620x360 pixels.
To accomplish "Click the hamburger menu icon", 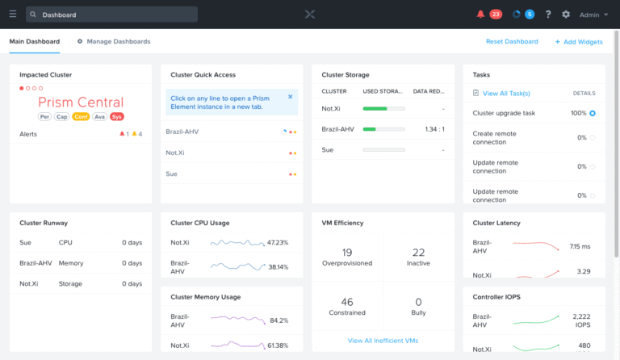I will point(12,14).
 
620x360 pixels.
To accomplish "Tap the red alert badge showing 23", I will point(495,14).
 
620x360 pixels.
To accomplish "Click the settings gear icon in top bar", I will point(566,14).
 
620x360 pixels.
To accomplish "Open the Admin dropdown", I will point(593,15).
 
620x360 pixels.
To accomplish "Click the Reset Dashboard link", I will point(512,41).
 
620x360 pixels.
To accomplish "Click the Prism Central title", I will point(81,103).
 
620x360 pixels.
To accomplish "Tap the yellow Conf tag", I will point(80,116).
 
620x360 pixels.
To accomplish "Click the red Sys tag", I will point(117,116).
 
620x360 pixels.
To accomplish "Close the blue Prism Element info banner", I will point(291,97).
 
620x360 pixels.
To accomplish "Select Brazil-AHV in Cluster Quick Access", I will point(182,131).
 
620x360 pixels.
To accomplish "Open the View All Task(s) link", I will point(505,94).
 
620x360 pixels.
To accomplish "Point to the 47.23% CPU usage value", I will point(278,242).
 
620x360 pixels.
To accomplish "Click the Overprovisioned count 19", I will point(347,253).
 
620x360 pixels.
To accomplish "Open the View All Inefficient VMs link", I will point(383,341).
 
